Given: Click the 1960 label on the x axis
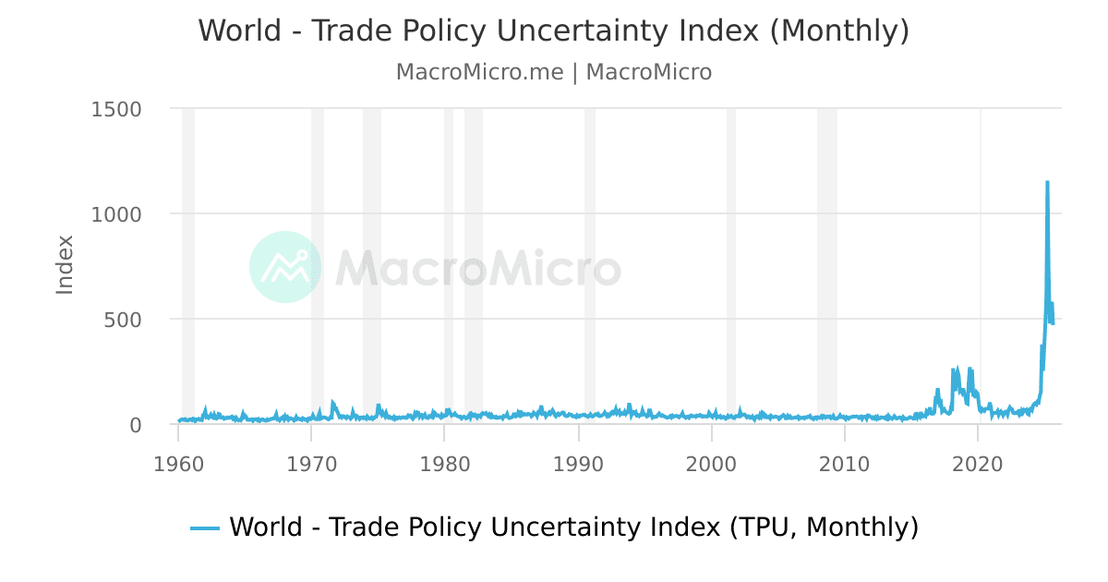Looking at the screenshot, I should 179,463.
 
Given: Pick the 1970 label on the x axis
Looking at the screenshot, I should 312,463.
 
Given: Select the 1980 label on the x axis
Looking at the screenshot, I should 445,463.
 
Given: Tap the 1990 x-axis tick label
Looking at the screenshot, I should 579,463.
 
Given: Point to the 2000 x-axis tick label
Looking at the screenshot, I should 712,463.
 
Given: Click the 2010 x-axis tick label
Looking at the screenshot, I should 846,463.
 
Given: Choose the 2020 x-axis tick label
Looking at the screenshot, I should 979,463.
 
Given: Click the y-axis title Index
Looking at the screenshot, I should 65,265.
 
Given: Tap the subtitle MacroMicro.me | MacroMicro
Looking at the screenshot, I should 554,72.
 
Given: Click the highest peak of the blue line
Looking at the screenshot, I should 1047,183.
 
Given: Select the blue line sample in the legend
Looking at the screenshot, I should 205,527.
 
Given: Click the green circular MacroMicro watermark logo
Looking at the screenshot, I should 285,267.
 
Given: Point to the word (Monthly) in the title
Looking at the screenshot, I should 839,30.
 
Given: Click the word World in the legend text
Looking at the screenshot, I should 266,527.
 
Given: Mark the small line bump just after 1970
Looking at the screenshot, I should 332,403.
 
